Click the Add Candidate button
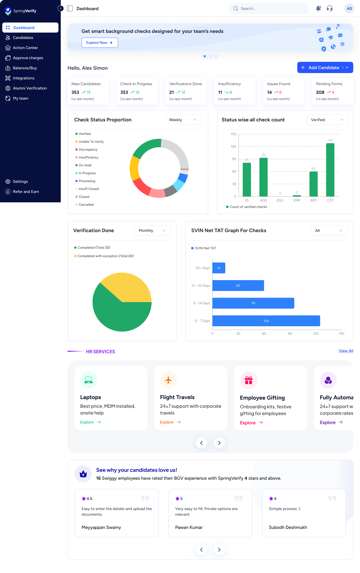click(321, 68)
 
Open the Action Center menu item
click(25, 48)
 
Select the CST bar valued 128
click(330, 170)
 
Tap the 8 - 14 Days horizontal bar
click(253, 303)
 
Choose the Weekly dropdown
click(183, 120)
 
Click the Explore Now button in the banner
click(100, 43)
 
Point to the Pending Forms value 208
click(320, 92)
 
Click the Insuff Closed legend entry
click(89, 189)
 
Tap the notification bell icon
click(318, 8)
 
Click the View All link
click(346, 351)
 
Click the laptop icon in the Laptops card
click(89, 380)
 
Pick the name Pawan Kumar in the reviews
click(189, 527)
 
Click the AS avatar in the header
click(349, 8)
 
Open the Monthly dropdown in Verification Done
click(152, 230)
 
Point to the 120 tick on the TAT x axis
click(316, 334)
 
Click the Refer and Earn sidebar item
click(26, 192)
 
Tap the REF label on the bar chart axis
click(313, 200)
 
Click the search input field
click(269, 8)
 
